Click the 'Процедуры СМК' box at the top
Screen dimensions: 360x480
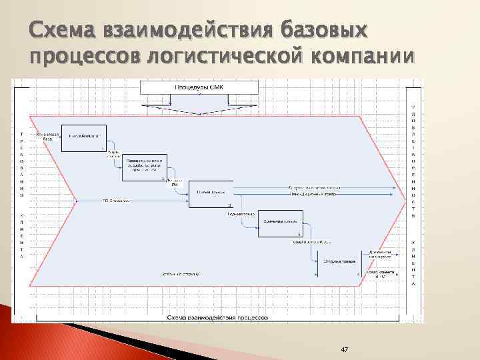(x=199, y=87)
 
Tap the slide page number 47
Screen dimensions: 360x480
(x=345, y=349)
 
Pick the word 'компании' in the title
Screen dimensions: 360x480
(x=363, y=58)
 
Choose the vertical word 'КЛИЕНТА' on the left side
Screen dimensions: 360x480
(x=21, y=237)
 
